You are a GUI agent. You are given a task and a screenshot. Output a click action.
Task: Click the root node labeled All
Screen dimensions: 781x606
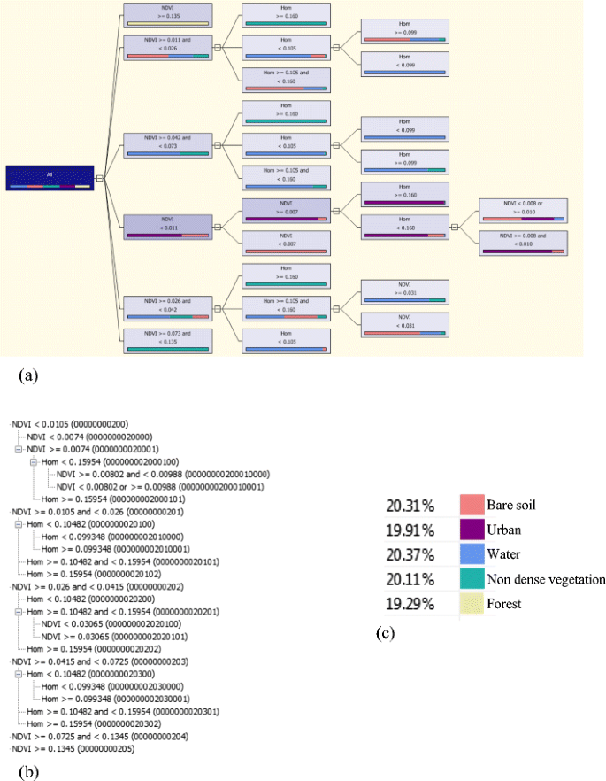(50, 177)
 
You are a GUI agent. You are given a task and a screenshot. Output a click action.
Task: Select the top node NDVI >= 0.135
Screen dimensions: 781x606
(166, 15)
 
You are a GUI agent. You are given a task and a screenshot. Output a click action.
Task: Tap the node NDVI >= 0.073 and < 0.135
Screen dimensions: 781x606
(166, 340)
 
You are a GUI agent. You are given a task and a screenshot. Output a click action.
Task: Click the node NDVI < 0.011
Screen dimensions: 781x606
(166, 226)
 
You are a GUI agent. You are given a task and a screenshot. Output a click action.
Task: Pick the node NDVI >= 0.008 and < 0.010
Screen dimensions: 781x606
(522, 242)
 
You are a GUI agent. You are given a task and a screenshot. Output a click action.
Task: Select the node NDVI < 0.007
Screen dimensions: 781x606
(286, 242)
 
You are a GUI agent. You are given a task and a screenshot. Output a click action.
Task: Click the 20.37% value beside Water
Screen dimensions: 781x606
(409, 555)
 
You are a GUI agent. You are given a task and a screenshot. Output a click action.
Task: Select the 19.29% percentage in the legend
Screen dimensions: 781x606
(409, 605)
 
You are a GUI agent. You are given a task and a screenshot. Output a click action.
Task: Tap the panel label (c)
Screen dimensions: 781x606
(383, 635)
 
